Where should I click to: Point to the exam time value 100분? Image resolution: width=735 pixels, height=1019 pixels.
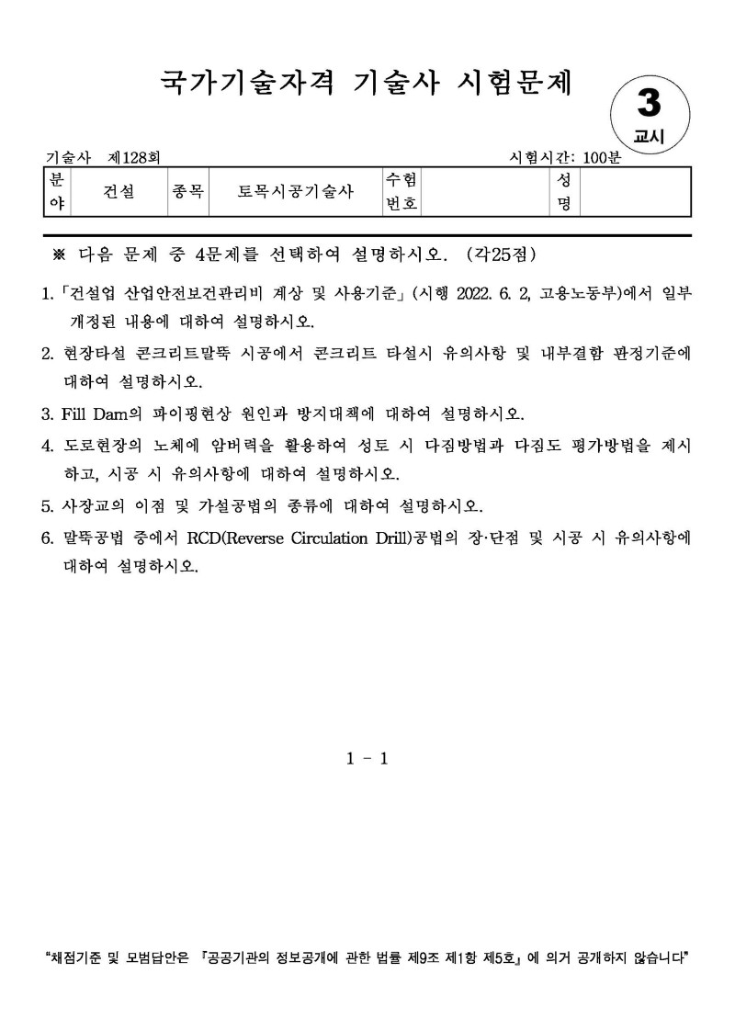602,158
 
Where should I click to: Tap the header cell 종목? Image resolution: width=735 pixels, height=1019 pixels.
187,191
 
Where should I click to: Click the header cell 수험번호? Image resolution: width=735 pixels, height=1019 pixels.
401,191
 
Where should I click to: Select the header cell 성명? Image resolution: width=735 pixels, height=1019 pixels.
564,191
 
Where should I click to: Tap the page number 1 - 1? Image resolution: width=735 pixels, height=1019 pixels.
367,758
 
